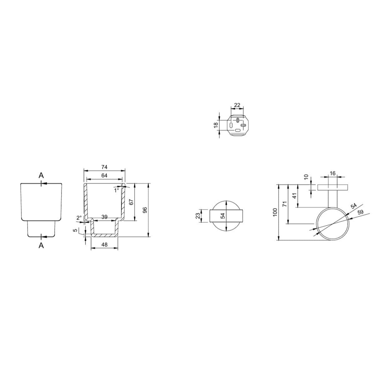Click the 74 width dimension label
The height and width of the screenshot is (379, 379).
[104, 167]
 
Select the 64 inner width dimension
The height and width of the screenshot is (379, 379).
[104, 175]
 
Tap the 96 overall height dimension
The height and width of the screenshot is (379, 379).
[145, 210]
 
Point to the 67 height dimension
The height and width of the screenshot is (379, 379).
[131, 202]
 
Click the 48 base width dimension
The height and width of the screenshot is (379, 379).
[104, 244]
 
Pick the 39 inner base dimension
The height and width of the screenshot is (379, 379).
[104, 217]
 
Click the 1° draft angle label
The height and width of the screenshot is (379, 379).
[117, 190]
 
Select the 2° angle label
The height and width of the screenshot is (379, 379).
[79, 218]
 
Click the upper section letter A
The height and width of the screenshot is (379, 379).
[41, 175]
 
